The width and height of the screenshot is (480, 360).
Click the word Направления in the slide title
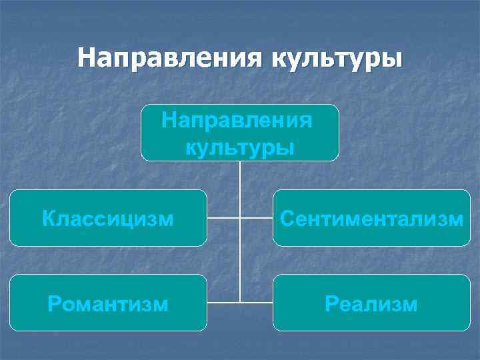(x=169, y=58)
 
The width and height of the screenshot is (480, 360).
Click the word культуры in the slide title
(x=337, y=58)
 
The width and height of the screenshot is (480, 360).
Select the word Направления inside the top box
(x=237, y=121)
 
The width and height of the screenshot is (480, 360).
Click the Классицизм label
(x=108, y=218)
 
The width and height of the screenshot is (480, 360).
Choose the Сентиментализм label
(x=372, y=218)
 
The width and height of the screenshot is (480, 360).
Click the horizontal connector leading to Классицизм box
(x=223, y=218)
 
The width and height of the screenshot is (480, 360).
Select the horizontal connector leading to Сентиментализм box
(x=257, y=218)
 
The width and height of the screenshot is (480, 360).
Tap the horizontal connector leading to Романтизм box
(x=223, y=302)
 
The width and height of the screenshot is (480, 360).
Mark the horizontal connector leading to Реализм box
(x=257, y=302)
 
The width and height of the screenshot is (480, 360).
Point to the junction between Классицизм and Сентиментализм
(x=240, y=218)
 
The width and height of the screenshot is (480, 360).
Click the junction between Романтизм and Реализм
(x=240, y=302)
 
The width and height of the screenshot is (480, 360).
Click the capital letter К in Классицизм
(x=47, y=218)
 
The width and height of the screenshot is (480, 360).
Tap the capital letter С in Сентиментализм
(x=287, y=218)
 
